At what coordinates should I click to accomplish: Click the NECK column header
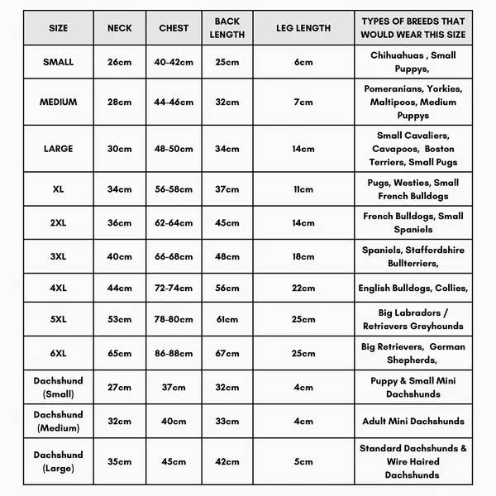click(x=119, y=28)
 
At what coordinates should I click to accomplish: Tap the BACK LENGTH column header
click(x=227, y=28)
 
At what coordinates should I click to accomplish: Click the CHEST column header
click(x=174, y=28)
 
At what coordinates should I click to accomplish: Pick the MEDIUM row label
click(x=59, y=102)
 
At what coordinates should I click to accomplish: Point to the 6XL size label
click(x=59, y=353)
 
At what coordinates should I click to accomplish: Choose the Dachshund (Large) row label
click(x=59, y=461)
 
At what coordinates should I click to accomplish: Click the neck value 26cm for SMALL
click(x=119, y=62)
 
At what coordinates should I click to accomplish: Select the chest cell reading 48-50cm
click(x=174, y=149)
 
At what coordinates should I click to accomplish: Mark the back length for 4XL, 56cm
click(x=227, y=288)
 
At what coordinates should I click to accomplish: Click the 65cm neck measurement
click(x=119, y=353)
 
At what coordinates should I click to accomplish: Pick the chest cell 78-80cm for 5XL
click(x=174, y=319)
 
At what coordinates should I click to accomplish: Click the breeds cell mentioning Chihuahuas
click(x=413, y=62)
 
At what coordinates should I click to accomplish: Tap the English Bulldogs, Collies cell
click(x=413, y=288)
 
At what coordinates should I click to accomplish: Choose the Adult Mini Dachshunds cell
click(x=413, y=421)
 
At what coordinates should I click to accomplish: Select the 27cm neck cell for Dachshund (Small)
click(x=119, y=387)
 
